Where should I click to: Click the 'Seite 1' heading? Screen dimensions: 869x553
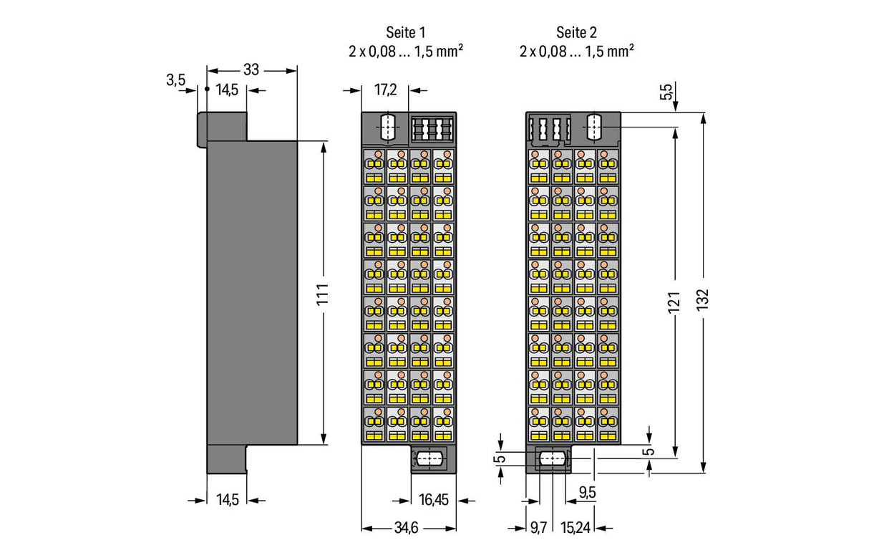pyautogui.click(x=405, y=33)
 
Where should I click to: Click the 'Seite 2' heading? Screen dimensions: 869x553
pyautogui.click(x=576, y=33)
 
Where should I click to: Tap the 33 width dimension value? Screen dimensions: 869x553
pyautogui.click(x=251, y=70)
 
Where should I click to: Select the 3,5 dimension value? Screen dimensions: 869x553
pyautogui.click(x=176, y=80)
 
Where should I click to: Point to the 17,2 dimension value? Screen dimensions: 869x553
pyautogui.click(x=386, y=90)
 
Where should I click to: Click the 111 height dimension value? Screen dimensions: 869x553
pyautogui.click(x=323, y=294)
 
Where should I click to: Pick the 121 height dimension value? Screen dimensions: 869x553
pyautogui.click(x=674, y=302)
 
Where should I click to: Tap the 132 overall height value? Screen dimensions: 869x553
pyautogui.click(x=702, y=300)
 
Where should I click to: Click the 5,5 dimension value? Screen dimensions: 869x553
pyautogui.click(x=666, y=92)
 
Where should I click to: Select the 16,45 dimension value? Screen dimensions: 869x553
pyautogui.click(x=434, y=500)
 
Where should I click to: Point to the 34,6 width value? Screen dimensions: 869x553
pyautogui.click(x=406, y=528)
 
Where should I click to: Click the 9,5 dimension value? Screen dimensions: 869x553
pyautogui.click(x=588, y=492)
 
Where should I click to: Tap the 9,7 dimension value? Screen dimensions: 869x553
pyautogui.click(x=538, y=528)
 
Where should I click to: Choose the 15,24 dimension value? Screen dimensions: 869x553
pyautogui.click(x=576, y=528)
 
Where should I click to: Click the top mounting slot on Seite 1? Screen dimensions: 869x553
pyautogui.click(x=388, y=127)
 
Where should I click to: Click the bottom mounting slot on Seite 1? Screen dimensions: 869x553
pyautogui.click(x=429, y=459)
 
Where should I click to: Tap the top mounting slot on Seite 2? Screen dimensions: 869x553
pyautogui.click(x=594, y=127)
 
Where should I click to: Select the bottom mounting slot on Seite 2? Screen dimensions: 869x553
pyautogui.click(x=553, y=459)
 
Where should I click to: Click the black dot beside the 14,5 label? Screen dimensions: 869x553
pyautogui.click(x=207, y=89)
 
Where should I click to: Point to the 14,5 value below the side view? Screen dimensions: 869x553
pyautogui.click(x=228, y=500)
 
